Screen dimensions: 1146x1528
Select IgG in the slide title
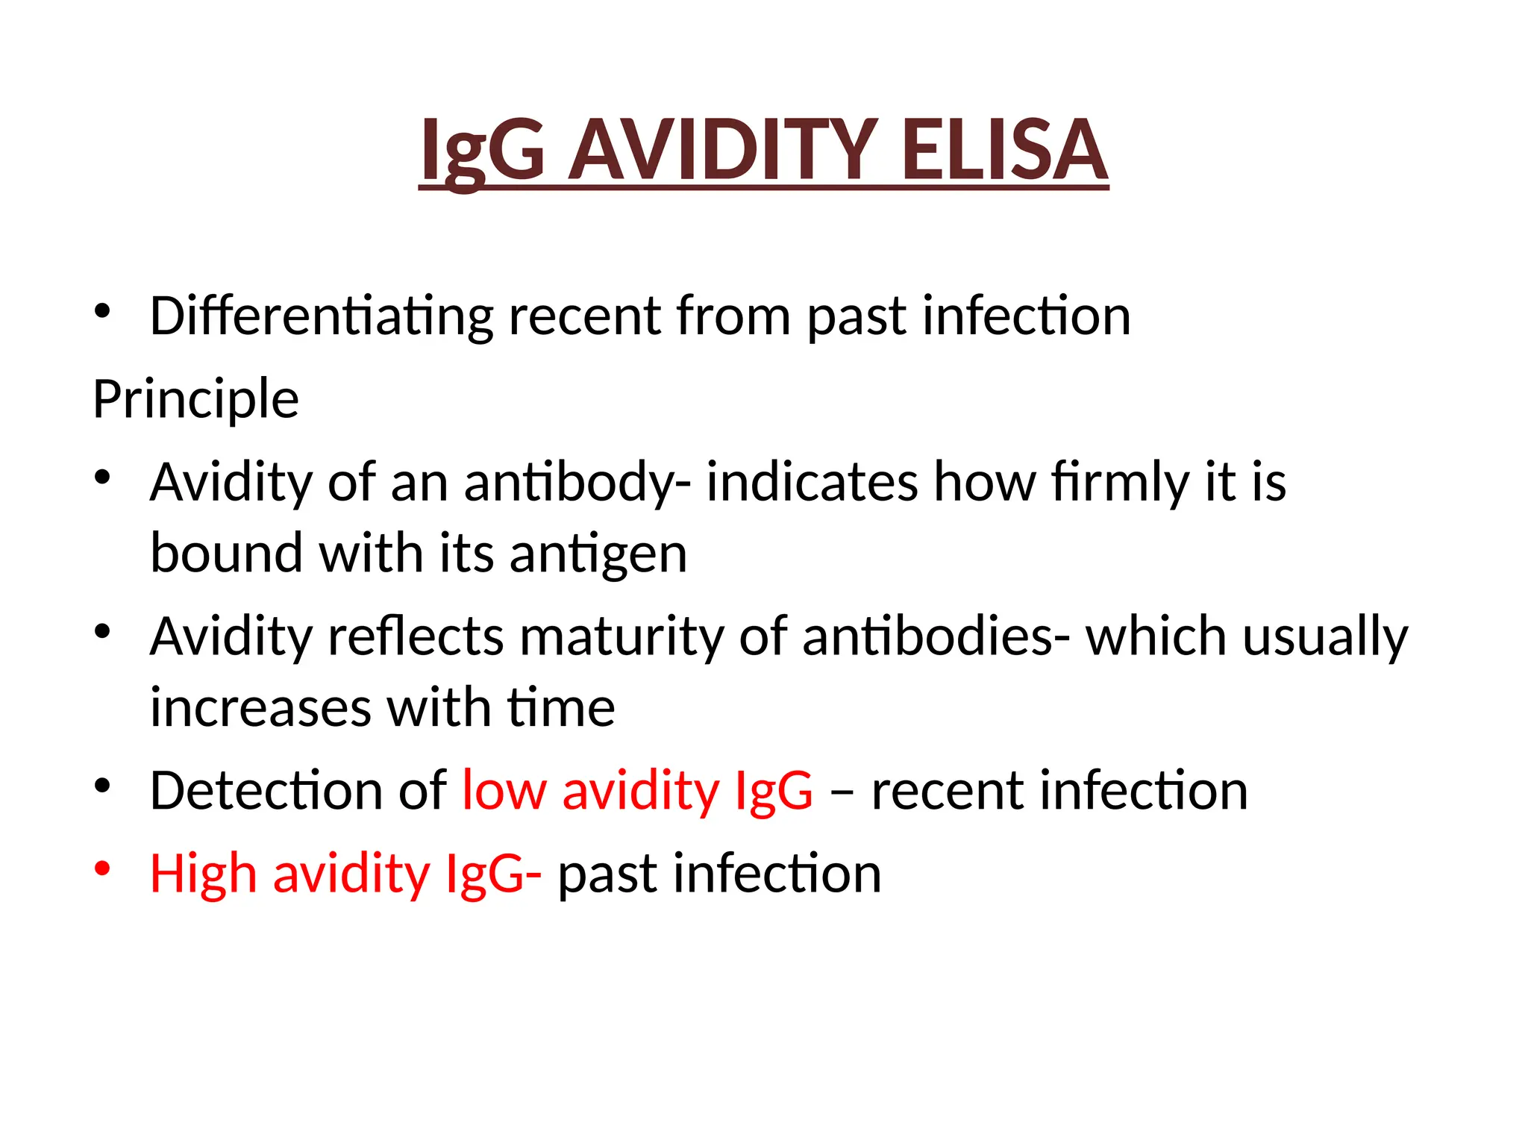coord(482,151)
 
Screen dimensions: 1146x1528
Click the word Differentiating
coord(321,317)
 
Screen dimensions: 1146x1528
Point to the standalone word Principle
coord(195,399)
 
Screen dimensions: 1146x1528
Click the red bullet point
coord(102,868)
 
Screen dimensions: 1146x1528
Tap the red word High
coord(203,873)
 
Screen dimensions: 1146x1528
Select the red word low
coord(504,790)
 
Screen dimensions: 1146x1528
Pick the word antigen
coord(598,555)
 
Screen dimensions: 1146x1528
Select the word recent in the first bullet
coord(584,317)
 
